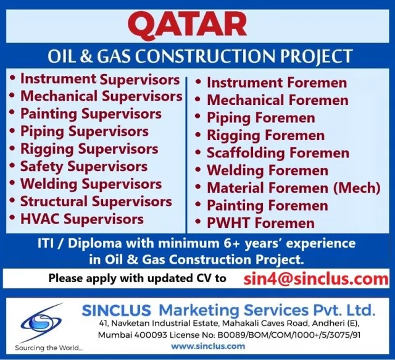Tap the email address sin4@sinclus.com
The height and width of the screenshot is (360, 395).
click(316, 279)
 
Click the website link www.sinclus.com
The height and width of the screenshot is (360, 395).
click(208, 346)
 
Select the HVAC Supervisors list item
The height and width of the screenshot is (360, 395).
click(82, 219)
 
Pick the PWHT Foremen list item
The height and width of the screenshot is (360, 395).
click(260, 223)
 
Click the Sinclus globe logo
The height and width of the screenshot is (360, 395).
click(40, 323)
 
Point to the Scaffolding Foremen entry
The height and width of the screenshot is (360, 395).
click(278, 153)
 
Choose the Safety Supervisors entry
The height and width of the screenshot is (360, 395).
click(84, 167)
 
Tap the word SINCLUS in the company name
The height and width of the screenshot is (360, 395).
click(117, 311)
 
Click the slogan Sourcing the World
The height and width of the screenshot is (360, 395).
click(49, 348)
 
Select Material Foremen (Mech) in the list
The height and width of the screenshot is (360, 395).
click(294, 188)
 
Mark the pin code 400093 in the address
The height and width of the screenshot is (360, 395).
click(151, 335)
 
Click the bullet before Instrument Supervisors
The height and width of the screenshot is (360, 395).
click(12, 78)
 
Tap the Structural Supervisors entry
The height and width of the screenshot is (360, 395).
click(96, 201)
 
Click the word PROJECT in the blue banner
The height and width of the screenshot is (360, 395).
click(317, 56)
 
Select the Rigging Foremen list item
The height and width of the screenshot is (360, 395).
click(266, 135)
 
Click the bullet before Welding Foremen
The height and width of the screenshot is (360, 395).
click(198, 170)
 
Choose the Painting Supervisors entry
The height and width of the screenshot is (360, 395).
click(91, 114)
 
